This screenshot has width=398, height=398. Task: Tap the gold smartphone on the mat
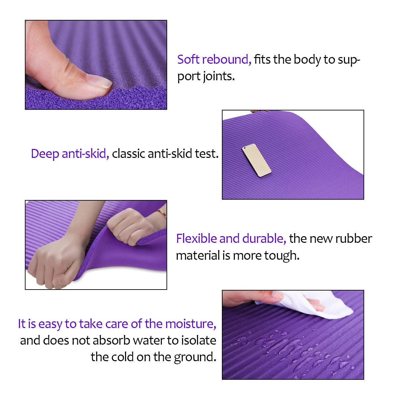point(256,160)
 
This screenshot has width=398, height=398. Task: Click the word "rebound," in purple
point(227,60)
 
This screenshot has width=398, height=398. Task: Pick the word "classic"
point(128,154)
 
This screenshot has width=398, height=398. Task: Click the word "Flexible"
point(196,238)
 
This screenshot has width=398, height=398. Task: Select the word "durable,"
point(264,239)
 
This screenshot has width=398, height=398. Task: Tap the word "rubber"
point(354,239)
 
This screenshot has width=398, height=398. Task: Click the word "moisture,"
point(191,324)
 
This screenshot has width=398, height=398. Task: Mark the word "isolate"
point(198,341)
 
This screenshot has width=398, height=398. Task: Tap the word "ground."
point(195,358)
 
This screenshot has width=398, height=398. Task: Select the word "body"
point(307,60)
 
